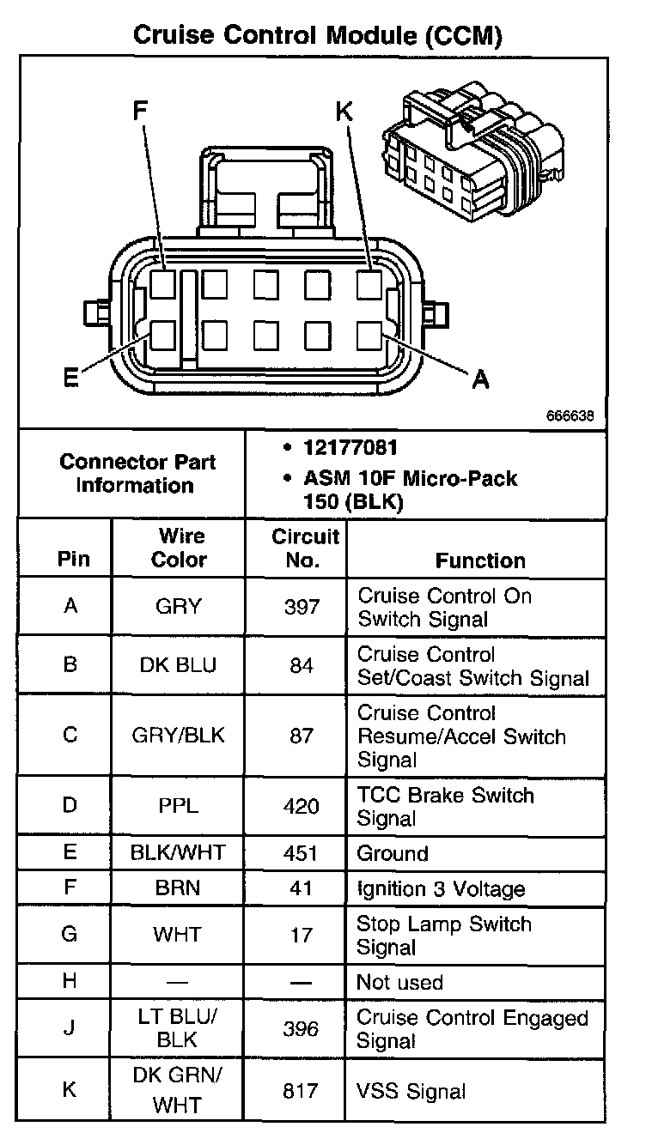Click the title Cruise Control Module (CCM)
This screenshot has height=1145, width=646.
click(x=317, y=34)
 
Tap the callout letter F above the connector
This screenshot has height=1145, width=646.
click(x=140, y=111)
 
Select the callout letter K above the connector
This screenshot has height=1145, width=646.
click(x=344, y=111)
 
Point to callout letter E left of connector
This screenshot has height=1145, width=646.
click(x=70, y=379)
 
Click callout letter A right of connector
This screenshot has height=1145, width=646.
click(x=481, y=379)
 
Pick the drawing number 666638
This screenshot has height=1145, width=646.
click(x=569, y=416)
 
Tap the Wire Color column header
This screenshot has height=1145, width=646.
click(x=179, y=548)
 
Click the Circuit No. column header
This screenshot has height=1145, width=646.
click(x=305, y=548)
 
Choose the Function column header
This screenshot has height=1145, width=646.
click(x=480, y=560)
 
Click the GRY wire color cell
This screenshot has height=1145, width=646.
click(x=178, y=607)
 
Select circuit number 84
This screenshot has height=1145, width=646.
click(x=302, y=666)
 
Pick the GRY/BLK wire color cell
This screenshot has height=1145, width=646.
click(x=179, y=736)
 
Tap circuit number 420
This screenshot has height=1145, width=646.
click(x=302, y=806)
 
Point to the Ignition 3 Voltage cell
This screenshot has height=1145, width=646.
click(x=441, y=889)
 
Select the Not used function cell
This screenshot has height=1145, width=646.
click(x=399, y=982)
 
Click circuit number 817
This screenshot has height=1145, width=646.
click(x=302, y=1091)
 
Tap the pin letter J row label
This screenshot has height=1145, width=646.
click(x=70, y=1028)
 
